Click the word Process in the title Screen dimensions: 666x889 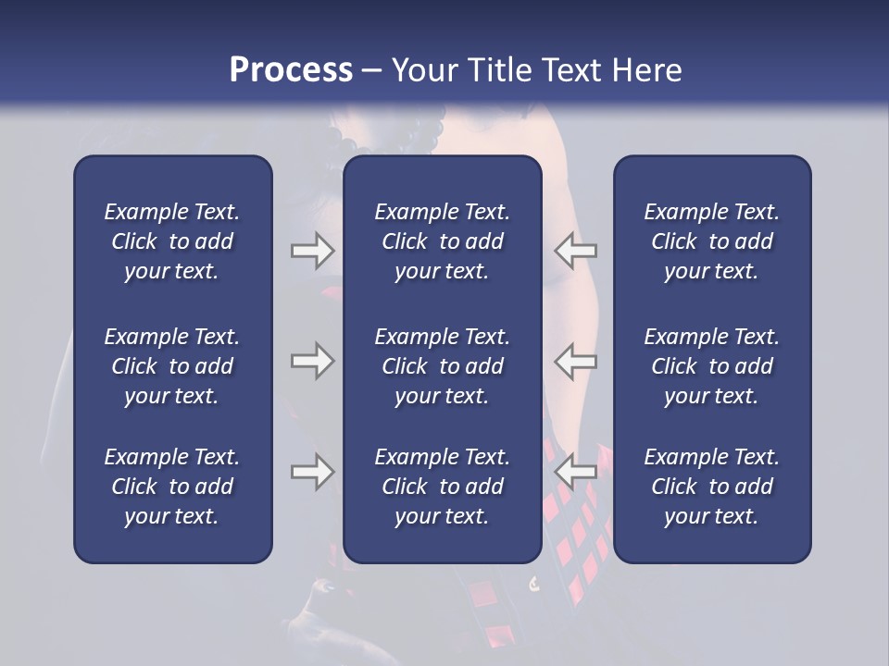click(x=291, y=70)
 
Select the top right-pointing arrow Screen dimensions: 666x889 click(x=313, y=251)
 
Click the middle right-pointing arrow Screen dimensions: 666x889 click(x=313, y=361)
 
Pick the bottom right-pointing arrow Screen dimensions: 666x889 click(x=313, y=472)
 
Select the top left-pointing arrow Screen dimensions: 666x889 click(x=575, y=251)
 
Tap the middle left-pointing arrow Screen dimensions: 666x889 click(x=575, y=361)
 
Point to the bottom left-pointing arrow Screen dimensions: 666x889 click(x=575, y=472)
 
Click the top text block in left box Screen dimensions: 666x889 click(x=172, y=241)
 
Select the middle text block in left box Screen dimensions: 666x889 click(x=172, y=366)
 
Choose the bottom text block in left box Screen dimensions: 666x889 click(x=172, y=487)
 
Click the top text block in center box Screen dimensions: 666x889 click(x=443, y=241)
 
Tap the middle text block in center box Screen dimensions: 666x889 click(x=443, y=366)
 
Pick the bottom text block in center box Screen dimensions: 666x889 click(x=443, y=487)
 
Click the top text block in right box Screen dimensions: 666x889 click(x=712, y=241)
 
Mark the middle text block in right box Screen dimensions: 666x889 click(x=712, y=366)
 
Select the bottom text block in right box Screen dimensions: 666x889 click(x=712, y=487)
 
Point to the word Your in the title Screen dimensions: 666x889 click(x=422, y=70)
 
